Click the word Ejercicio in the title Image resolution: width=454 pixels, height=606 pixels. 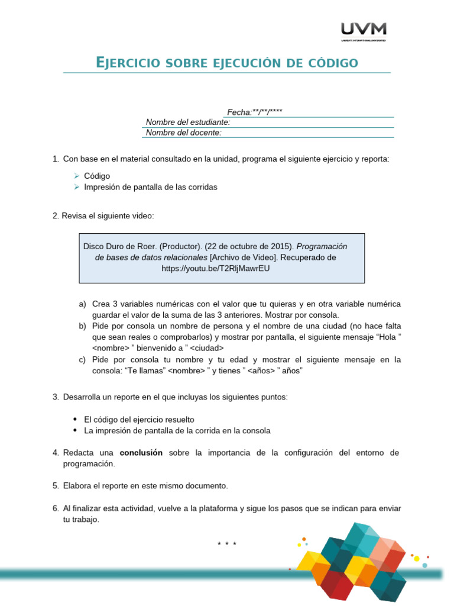point(126,63)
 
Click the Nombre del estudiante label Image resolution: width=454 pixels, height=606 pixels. point(188,123)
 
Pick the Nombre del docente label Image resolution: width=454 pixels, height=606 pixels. point(184,133)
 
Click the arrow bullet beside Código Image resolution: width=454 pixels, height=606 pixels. point(77,176)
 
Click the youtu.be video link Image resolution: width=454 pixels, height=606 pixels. point(215,268)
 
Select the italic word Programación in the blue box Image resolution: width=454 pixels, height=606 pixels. point(322,246)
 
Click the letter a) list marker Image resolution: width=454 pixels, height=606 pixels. point(82,304)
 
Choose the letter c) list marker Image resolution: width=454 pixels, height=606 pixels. point(82,360)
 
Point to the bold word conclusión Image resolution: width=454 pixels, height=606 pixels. point(141,453)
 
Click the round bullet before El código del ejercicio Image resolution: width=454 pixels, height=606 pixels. point(76,420)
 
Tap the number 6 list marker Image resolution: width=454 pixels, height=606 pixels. point(56,508)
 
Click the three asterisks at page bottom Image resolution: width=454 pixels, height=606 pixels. point(227,543)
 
